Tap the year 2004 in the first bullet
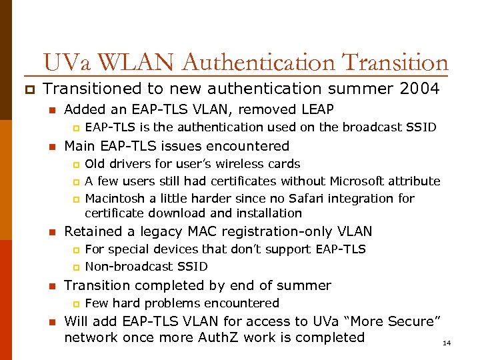coord(420,89)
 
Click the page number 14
coord(447,343)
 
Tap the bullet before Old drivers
coord(76,165)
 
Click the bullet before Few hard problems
coord(76,304)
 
